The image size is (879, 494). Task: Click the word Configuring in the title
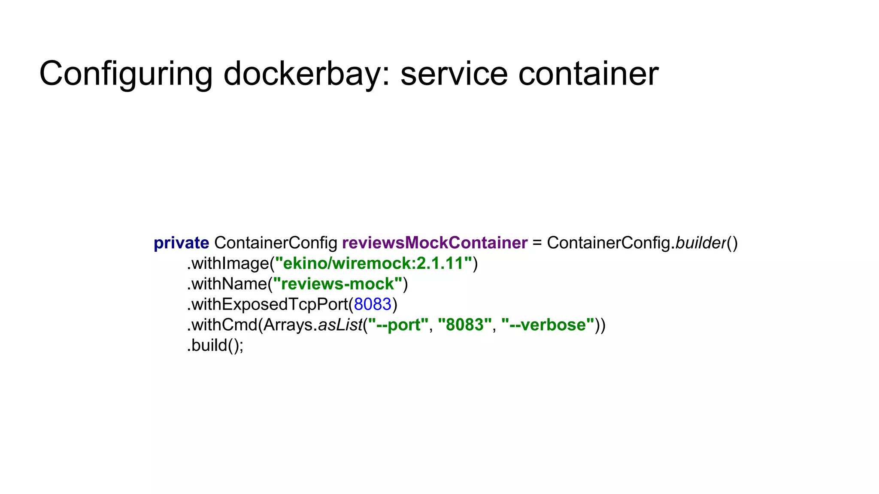[126, 74]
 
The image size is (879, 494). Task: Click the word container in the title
[588, 74]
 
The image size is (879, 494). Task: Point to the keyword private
[181, 243]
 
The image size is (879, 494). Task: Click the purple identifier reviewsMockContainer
[434, 243]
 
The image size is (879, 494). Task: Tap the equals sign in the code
[537, 243]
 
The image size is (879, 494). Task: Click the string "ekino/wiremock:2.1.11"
[373, 263]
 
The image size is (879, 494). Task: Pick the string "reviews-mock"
[337, 284]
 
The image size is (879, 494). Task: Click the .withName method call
[227, 284]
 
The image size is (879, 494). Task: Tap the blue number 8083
[373, 304]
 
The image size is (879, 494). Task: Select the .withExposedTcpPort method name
[267, 304]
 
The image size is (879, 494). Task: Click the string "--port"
[398, 325]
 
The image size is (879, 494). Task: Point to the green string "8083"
[464, 325]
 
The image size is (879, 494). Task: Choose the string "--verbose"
[548, 325]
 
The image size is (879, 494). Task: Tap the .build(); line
[215, 345]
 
